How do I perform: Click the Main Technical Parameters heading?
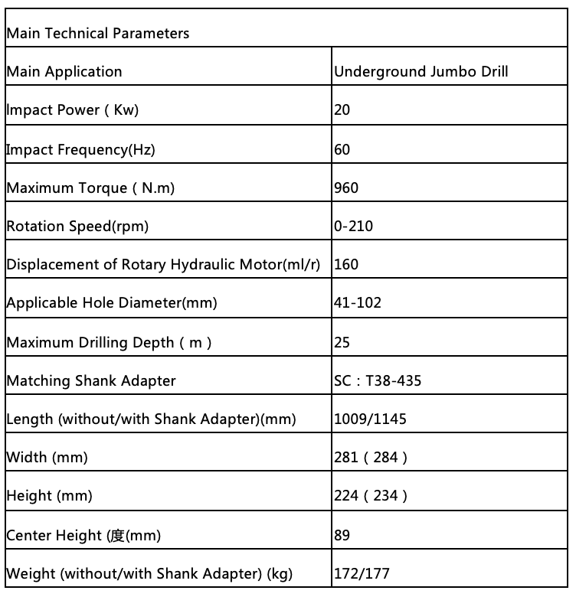pyautogui.click(x=97, y=34)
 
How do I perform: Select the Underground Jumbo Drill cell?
pyautogui.click(x=421, y=72)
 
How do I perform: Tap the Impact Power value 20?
pyautogui.click(x=342, y=110)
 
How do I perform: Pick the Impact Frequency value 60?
pyautogui.click(x=342, y=149)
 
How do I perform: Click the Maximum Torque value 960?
pyautogui.click(x=346, y=188)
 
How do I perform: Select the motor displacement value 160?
pyautogui.click(x=346, y=265)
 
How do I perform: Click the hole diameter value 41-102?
pyautogui.click(x=358, y=303)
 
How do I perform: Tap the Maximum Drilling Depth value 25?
pyautogui.click(x=342, y=342)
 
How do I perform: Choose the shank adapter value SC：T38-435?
pyautogui.click(x=378, y=380)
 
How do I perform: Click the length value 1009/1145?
pyautogui.click(x=371, y=419)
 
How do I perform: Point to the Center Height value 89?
pyautogui.click(x=342, y=535)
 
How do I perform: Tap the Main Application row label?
pyautogui.click(x=64, y=72)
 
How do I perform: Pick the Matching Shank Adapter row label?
pyautogui.click(x=91, y=380)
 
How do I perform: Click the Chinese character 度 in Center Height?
pyautogui.click(x=117, y=535)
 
